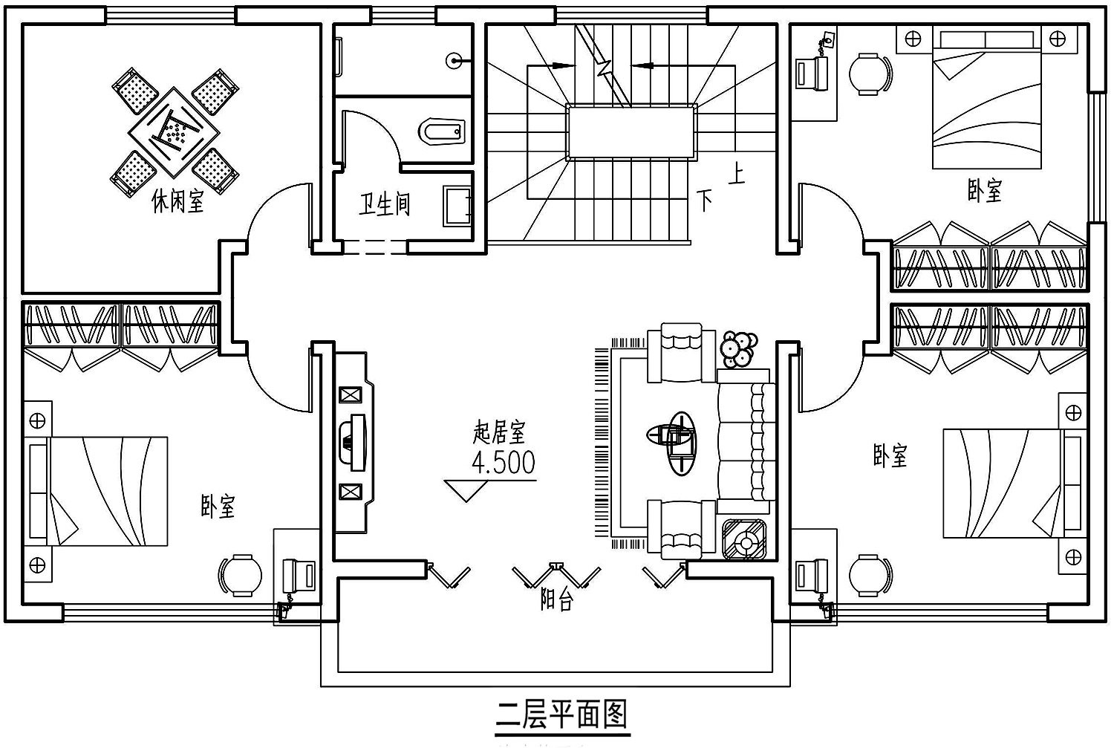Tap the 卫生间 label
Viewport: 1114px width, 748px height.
click(384, 204)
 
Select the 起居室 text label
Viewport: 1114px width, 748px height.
click(499, 432)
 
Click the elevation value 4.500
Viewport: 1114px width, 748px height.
click(504, 463)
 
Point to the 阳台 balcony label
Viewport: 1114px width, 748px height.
click(557, 599)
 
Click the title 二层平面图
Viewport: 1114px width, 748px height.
click(562, 714)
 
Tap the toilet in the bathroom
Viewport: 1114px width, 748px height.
click(442, 131)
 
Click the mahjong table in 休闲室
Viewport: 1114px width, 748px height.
click(174, 132)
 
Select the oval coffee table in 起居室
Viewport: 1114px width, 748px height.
click(681, 443)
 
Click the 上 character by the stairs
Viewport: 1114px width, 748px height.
click(737, 175)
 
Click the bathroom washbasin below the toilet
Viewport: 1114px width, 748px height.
click(457, 206)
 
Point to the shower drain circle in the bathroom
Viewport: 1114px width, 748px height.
click(454, 61)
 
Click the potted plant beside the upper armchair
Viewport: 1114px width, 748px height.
click(739, 349)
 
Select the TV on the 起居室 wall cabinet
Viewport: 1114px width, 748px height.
click(352, 442)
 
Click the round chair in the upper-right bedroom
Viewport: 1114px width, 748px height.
click(870, 74)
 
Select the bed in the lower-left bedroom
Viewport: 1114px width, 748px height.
click(98, 492)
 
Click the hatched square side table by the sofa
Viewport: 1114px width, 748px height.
click(744, 539)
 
